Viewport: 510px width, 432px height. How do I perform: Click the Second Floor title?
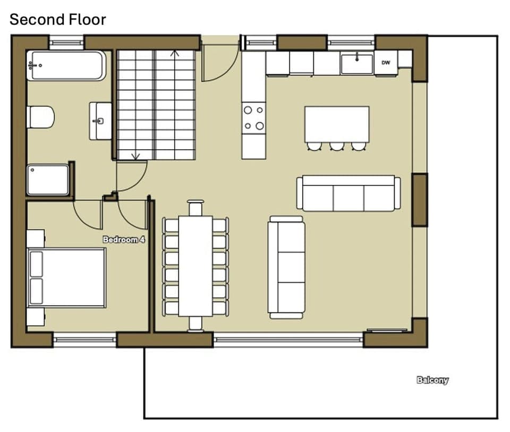pos(58,20)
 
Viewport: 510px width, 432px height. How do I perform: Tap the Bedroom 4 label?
pos(124,240)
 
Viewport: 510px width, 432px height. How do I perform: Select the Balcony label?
pos(432,380)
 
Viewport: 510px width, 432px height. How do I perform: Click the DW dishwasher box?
pos(386,63)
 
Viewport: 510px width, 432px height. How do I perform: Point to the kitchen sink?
pos(357,64)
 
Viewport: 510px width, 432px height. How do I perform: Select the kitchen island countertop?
pos(337,124)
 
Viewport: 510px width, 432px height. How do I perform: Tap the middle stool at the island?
pos(337,146)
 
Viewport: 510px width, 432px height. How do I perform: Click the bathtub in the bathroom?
pos(66,66)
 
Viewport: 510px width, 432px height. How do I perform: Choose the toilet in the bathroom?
pos(41,117)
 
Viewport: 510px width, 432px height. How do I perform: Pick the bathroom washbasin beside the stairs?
pos(100,121)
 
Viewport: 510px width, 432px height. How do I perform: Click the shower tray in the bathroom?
pos(48,180)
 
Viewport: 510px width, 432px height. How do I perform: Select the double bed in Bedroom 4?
pos(67,277)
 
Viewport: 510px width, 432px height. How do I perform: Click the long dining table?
pos(195,265)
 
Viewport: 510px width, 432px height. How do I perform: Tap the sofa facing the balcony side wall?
pos(286,267)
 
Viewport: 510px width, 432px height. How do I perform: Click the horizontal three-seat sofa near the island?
pos(348,193)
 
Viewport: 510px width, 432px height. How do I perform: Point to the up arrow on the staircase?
pos(174,53)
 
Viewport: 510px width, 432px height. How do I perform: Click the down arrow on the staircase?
pos(135,156)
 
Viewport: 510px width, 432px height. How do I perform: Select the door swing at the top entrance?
pos(218,62)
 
